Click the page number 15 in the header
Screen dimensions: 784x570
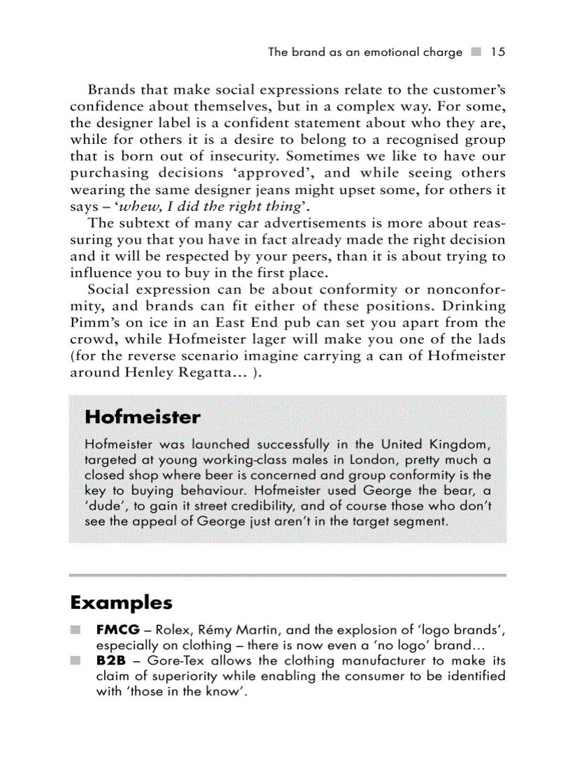[x=497, y=52]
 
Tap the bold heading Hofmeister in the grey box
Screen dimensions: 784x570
[x=142, y=417]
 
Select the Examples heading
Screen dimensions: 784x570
[x=121, y=602]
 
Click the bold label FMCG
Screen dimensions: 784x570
[x=118, y=630]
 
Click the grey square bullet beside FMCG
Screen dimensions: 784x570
[x=75, y=630]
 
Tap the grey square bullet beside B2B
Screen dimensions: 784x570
[x=75, y=660]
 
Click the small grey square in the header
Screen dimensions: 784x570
[x=476, y=52]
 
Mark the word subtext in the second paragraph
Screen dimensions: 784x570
[x=140, y=223]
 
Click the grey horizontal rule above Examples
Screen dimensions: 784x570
[x=288, y=575]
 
